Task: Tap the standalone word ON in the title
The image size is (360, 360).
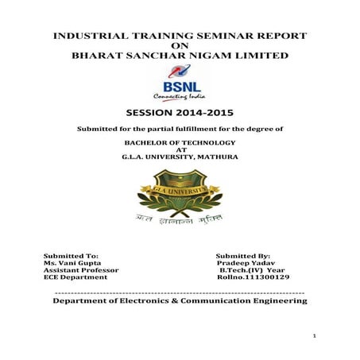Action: click(x=180, y=46)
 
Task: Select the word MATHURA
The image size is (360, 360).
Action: click(x=214, y=156)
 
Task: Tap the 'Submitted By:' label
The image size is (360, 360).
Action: click(x=243, y=256)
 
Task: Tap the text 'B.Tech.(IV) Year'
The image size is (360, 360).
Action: click(x=252, y=270)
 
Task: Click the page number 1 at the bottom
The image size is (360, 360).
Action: click(x=315, y=337)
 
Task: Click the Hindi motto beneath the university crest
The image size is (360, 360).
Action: click(x=179, y=218)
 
